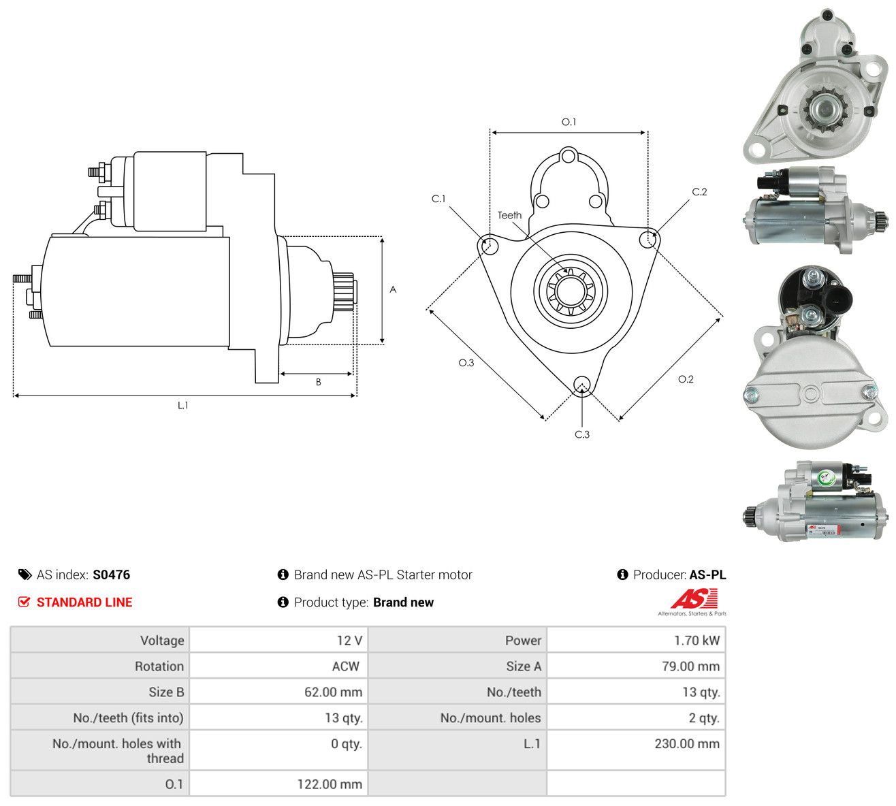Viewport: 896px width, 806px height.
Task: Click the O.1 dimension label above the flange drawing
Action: pyautogui.click(x=569, y=122)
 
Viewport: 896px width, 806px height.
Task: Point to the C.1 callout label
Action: pyautogui.click(x=438, y=199)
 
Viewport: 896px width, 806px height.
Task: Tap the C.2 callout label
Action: pyautogui.click(x=699, y=192)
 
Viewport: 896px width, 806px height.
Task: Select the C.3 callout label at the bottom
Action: pyautogui.click(x=581, y=434)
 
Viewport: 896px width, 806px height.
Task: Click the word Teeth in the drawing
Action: pyautogui.click(x=509, y=215)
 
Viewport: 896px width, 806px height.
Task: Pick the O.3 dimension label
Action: pyautogui.click(x=466, y=363)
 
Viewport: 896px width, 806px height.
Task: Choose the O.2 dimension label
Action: pyautogui.click(x=686, y=379)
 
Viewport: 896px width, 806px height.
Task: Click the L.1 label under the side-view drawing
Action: pyautogui.click(x=182, y=405)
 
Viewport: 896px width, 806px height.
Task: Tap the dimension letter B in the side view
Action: pyautogui.click(x=318, y=382)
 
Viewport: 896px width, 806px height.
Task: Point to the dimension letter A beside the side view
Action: pyautogui.click(x=393, y=289)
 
